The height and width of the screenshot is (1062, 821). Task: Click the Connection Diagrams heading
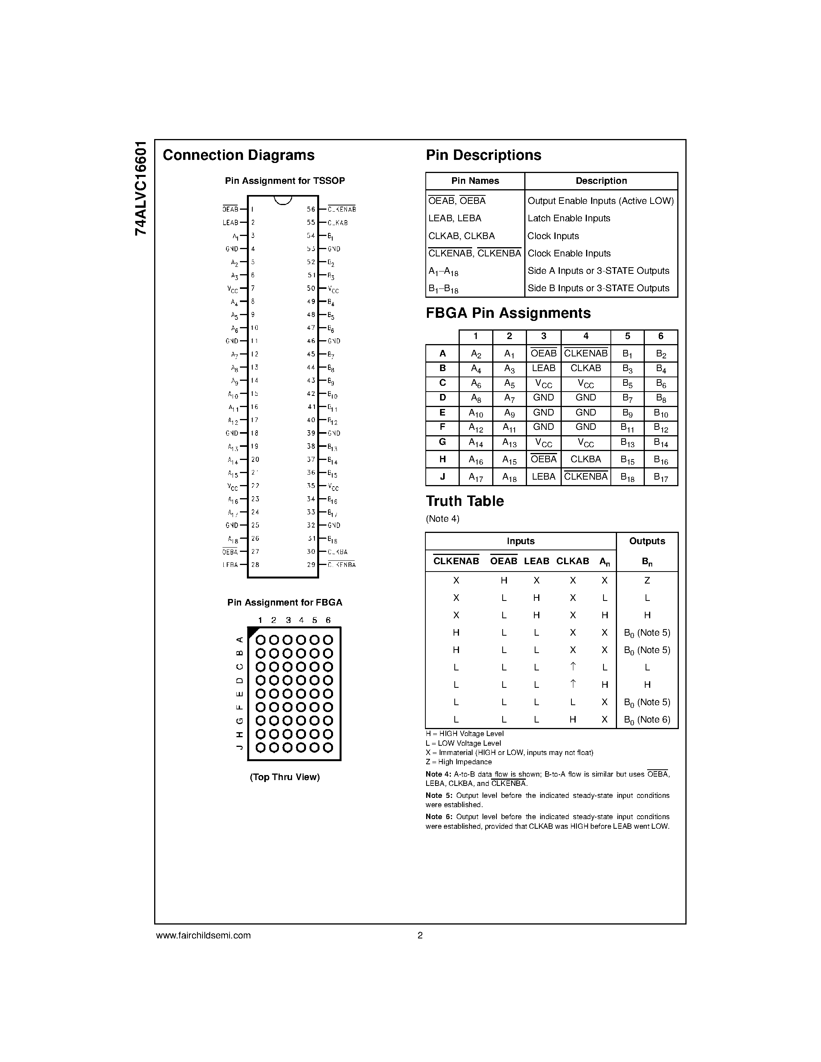[238, 155]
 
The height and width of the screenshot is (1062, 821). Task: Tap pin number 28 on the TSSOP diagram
[255, 565]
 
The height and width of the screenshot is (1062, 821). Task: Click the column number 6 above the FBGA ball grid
[328, 620]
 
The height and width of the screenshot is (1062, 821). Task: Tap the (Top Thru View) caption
[284, 777]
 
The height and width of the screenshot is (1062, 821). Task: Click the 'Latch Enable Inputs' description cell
[569, 218]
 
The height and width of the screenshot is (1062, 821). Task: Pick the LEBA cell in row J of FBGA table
[543, 477]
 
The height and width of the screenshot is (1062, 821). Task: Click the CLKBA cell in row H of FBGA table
[586, 459]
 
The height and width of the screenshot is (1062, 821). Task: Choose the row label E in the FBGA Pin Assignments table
[442, 413]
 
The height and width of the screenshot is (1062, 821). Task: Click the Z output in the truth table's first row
[647, 580]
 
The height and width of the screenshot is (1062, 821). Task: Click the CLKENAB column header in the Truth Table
[456, 561]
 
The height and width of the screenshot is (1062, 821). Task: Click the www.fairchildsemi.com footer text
[203, 935]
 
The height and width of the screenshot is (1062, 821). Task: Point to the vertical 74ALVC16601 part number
[141, 189]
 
